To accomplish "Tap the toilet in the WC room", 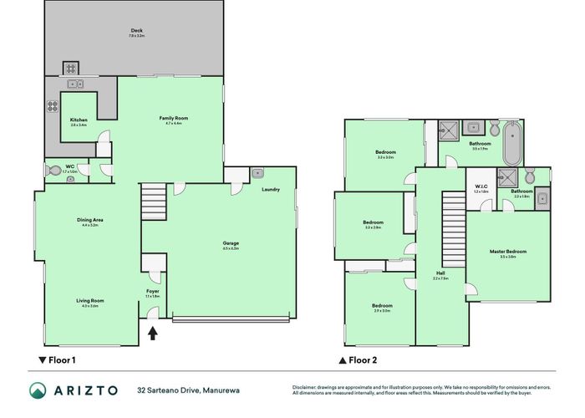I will point(56,170).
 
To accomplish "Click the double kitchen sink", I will point(78,84).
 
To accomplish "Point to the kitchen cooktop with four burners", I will point(53,106).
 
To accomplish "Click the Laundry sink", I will point(258,173).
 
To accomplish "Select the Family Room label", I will point(174,119).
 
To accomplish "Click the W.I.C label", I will point(481,187).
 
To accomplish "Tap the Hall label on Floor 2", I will point(440,273).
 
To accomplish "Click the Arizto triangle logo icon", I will point(38,390).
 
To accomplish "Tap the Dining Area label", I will point(92,221).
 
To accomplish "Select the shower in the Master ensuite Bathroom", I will point(506,178).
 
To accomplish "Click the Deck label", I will point(136,32).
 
